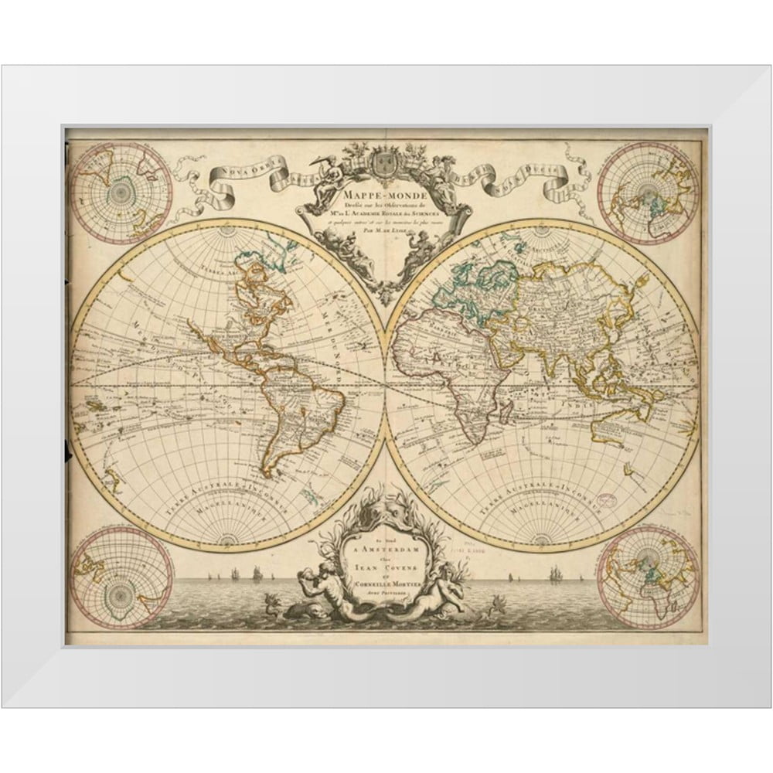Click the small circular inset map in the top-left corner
tap(120, 190)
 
